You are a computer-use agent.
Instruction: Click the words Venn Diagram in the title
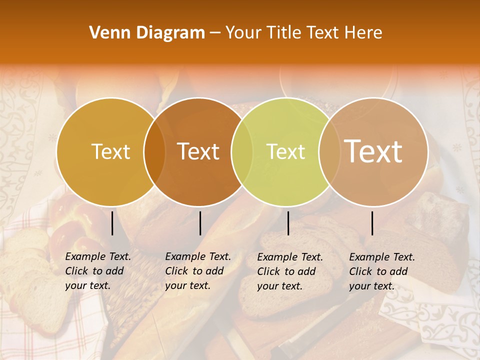(x=147, y=32)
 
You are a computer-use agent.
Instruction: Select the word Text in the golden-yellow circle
(x=110, y=151)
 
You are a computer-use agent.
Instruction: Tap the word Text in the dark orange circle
(x=198, y=151)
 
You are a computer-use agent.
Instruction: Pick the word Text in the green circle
(x=286, y=151)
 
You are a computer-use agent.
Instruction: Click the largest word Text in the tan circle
(x=373, y=151)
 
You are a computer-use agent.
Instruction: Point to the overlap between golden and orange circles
(x=154, y=151)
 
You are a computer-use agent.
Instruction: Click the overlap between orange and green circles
(x=242, y=151)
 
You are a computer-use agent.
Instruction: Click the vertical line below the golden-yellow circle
(x=112, y=223)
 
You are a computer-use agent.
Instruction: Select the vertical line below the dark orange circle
(x=200, y=223)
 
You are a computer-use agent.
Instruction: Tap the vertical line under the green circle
(x=288, y=223)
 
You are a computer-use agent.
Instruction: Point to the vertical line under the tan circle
(x=372, y=223)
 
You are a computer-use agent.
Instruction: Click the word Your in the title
(x=242, y=32)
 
